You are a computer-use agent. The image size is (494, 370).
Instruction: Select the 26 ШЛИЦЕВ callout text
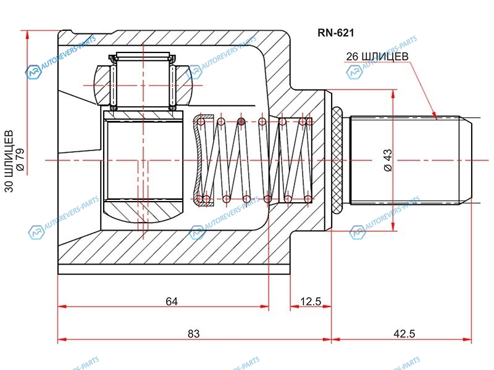coord(377,56)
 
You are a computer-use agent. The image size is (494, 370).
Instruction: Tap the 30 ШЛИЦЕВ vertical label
coord(9,161)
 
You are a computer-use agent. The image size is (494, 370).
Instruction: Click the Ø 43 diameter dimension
coord(387,160)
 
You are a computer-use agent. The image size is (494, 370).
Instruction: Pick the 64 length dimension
coord(172,302)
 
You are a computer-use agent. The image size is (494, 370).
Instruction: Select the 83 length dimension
coord(194,334)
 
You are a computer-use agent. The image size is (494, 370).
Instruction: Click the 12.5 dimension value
coord(311,302)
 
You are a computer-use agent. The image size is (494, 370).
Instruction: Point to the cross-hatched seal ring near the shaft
coord(337,160)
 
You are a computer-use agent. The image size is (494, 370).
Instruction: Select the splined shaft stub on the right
coord(408,160)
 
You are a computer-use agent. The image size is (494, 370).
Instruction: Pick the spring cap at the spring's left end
coord(199,160)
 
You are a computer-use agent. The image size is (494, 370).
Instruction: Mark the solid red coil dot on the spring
coord(241,121)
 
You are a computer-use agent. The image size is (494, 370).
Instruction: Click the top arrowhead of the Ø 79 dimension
coord(27,35)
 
